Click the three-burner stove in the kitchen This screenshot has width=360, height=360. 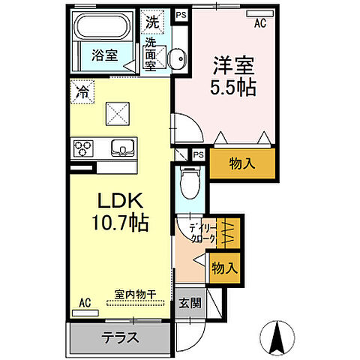tap(82, 147)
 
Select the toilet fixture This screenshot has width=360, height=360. tap(192, 180)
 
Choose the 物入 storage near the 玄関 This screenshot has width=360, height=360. tap(224, 266)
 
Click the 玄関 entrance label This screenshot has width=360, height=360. tap(190, 304)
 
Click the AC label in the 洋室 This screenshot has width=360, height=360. tap(259, 23)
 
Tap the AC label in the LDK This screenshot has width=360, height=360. tap(85, 303)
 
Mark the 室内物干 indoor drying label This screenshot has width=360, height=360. tap(135, 294)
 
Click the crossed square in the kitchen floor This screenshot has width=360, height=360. tap(116, 114)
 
